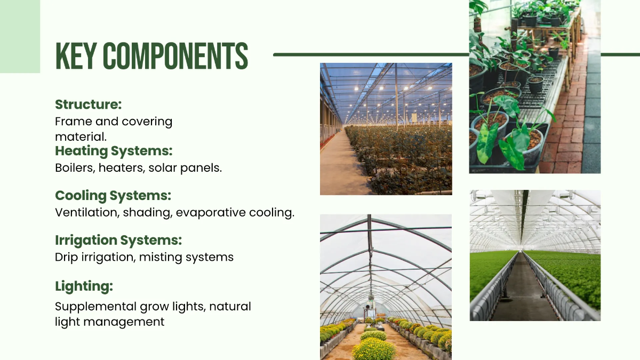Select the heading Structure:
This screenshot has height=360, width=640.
point(89,104)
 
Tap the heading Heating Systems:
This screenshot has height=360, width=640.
point(114,150)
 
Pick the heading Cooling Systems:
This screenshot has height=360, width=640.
point(113,195)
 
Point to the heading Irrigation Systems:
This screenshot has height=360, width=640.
point(118,240)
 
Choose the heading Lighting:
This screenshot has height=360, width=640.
point(84,286)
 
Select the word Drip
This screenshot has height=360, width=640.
point(66,257)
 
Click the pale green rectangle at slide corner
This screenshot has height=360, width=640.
point(20,36)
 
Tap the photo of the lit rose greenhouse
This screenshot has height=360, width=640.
point(386,129)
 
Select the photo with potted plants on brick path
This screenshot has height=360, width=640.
point(534,86)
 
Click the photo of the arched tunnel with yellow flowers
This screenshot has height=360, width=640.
point(386,287)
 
